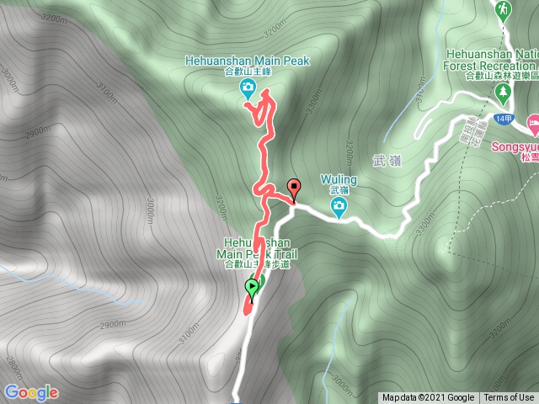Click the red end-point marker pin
[294, 189]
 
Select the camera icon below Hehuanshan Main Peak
[248, 88]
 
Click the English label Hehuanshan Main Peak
[248, 61]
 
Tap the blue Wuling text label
[339, 179]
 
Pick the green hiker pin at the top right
[503, 10]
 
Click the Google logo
[30, 392]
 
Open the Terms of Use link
[509, 397]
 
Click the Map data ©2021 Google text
[428, 397]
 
